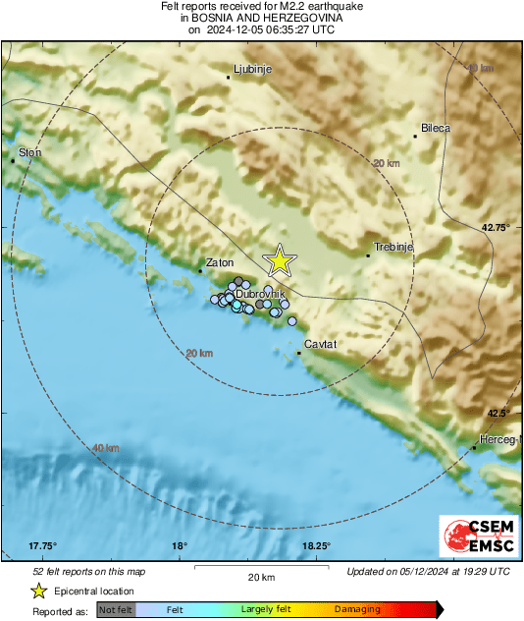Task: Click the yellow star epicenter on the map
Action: [x=280, y=260]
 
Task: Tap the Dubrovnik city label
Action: [x=260, y=294]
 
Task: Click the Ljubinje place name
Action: [x=251, y=70]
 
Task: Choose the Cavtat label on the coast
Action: [x=321, y=345]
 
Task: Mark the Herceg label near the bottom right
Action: [x=497, y=439]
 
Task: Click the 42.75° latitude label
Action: [x=497, y=227]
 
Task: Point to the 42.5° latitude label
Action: [x=499, y=413]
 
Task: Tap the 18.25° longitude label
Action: [x=315, y=546]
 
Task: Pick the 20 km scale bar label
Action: [x=261, y=577]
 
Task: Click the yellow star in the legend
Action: [x=38, y=591]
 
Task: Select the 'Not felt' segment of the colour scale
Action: [x=116, y=610]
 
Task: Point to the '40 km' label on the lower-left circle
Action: [x=105, y=448]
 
